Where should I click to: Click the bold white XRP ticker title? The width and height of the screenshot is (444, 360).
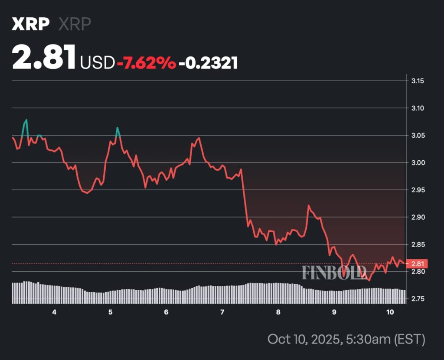point(30,24)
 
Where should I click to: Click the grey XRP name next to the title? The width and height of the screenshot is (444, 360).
point(75,24)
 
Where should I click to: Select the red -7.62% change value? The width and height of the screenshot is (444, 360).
point(146,63)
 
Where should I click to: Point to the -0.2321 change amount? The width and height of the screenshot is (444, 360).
point(209,63)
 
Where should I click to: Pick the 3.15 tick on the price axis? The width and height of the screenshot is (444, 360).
point(418,81)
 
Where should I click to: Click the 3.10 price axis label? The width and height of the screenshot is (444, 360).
point(418,108)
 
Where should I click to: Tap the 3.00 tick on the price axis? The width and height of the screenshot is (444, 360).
point(418,163)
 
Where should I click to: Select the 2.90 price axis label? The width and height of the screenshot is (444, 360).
point(418,217)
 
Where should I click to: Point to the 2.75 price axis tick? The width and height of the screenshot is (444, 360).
point(418,299)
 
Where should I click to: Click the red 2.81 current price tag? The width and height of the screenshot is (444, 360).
point(418,263)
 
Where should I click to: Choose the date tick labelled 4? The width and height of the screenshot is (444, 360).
point(54,312)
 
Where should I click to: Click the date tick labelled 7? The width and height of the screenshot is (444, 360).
point(222,312)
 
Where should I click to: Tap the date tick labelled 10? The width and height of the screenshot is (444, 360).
point(389,312)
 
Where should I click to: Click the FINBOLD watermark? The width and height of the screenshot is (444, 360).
point(334,272)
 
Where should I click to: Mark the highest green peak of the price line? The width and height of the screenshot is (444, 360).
point(26,120)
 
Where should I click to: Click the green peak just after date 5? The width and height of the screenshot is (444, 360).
point(117,128)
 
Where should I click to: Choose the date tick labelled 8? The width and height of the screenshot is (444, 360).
point(278,312)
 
